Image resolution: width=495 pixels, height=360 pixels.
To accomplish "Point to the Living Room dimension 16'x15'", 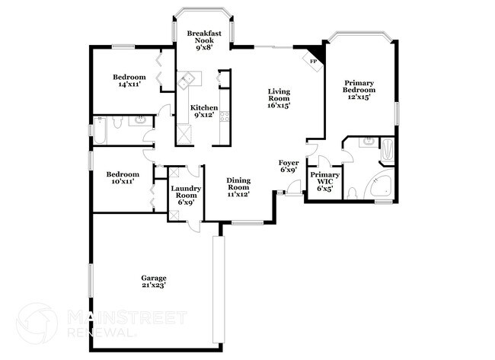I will [279, 106].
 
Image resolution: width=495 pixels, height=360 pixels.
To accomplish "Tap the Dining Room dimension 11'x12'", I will [238, 195].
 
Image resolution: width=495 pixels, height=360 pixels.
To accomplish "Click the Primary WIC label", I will [324, 179].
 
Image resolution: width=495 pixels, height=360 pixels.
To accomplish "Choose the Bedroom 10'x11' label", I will [123, 177].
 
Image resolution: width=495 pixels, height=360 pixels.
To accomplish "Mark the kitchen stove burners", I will [225, 116].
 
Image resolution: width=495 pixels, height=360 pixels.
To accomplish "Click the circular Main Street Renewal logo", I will [37, 323].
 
